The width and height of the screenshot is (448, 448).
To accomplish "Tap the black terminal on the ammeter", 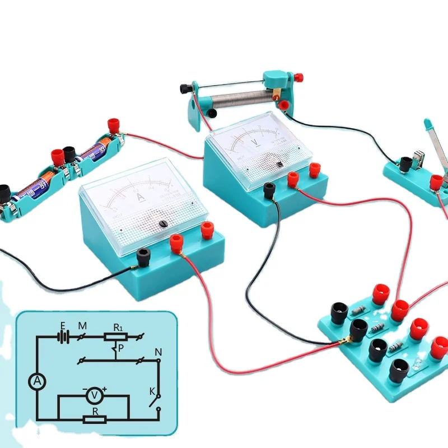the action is (x=143, y=256).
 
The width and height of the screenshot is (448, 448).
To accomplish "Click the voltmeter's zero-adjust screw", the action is (x=279, y=164).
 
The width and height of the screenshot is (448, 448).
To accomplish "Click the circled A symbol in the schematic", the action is (x=36, y=381).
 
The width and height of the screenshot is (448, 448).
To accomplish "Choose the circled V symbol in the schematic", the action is (x=94, y=396).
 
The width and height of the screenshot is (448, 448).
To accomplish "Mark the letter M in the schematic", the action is (x=82, y=325).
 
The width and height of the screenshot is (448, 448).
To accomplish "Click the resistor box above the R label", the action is (x=94, y=419).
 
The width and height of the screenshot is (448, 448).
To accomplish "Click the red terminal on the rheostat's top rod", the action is (x=293, y=76).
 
